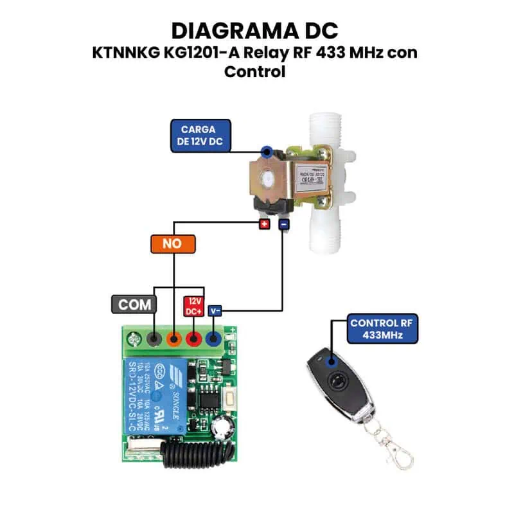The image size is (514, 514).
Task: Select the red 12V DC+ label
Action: pyautogui.click(x=195, y=305)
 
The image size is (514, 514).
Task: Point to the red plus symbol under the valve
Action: pyautogui.click(x=264, y=224)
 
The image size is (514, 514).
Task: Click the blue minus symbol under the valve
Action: pyautogui.click(x=283, y=224)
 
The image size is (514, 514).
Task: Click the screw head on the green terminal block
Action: pyautogui.click(x=135, y=338)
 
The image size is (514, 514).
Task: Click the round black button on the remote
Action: pyautogui.click(x=335, y=381)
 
